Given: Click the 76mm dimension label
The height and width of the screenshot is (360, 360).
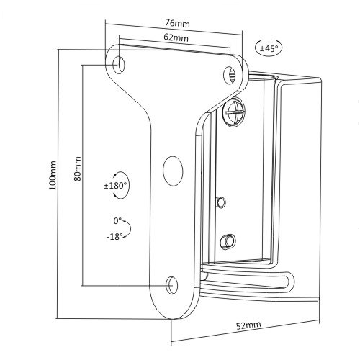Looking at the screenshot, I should (176, 23).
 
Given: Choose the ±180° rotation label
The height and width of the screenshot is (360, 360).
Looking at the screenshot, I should (116, 186).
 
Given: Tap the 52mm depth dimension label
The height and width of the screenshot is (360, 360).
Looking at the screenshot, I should (250, 325).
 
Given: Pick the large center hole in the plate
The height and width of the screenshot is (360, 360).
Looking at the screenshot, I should (173, 169).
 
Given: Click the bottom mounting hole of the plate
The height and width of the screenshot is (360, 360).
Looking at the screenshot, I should (172, 284).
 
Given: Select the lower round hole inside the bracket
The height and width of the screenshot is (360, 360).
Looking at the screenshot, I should (228, 238).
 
